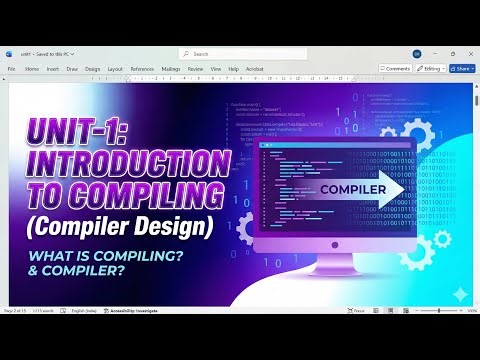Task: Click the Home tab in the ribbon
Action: pos(32,69)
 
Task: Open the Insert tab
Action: pos(52,69)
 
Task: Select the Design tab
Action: pos(93,69)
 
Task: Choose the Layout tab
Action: pos(115,69)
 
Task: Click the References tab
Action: pos(143,69)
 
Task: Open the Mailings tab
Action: pos(170,69)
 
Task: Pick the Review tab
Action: pos(195,69)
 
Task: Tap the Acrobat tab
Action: pos(254,69)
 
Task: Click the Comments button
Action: pos(396,69)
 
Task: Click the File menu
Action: pos(12,69)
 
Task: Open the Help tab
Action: pos(233,69)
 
